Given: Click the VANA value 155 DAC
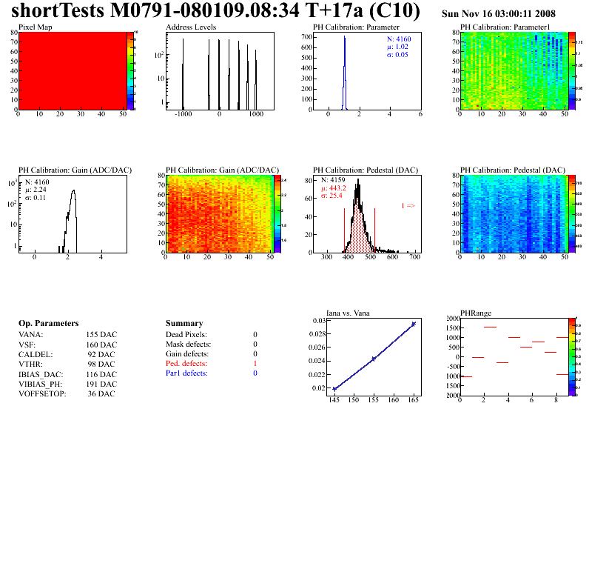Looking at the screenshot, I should tap(101, 335).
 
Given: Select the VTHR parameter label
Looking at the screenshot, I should tap(30, 364).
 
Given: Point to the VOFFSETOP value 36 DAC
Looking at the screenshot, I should tap(101, 393).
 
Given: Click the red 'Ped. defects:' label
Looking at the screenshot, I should tap(186, 364).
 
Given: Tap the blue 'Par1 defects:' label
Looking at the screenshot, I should tap(186, 373).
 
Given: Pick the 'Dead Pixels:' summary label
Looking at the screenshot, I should tap(186, 335).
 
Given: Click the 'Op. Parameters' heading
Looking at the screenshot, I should tap(48, 324).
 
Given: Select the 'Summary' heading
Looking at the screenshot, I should tap(184, 324).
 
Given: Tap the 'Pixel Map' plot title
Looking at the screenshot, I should tap(35, 27).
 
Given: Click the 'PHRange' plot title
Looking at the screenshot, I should tap(475, 313).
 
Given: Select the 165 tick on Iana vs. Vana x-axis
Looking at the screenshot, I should tap(413, 401).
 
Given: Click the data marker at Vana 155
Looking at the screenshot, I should tap(374, 359).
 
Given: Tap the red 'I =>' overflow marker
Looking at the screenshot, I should tap(408, 205).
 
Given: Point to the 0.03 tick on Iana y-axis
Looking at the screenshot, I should tap(319, 321).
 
